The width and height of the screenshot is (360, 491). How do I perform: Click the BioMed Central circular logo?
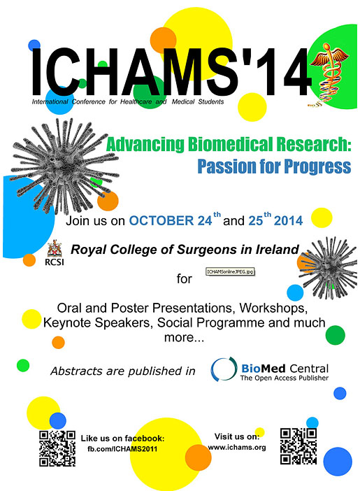pyautogui.click(x=223, y=369)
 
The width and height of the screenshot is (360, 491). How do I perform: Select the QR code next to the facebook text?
pyautogui.click(x=57, y=448)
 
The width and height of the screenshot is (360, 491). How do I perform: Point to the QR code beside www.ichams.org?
pyautogui.click(x=298, y=446)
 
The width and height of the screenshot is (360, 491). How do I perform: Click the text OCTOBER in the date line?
pyautogui.click(x=161, y=220)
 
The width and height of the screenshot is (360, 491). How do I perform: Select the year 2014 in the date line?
pyautogui.click(x=288, y=220)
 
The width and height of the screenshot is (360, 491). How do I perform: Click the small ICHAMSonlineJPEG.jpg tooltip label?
pyautogui.click(x=230, y=271)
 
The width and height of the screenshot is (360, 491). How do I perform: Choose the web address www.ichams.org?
pyautogui.click(x=237, y=447)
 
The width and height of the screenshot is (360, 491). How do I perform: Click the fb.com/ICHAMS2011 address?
pyautogui.click(x=122, y=449)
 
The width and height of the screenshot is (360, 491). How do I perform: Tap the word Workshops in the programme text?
pyautogui.click(x=273, y=308)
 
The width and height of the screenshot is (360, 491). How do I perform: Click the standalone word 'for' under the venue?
pyautogui.click(x=184, y=278)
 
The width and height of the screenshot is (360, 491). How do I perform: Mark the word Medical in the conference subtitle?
pyautogui.click(x=183, y=101)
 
